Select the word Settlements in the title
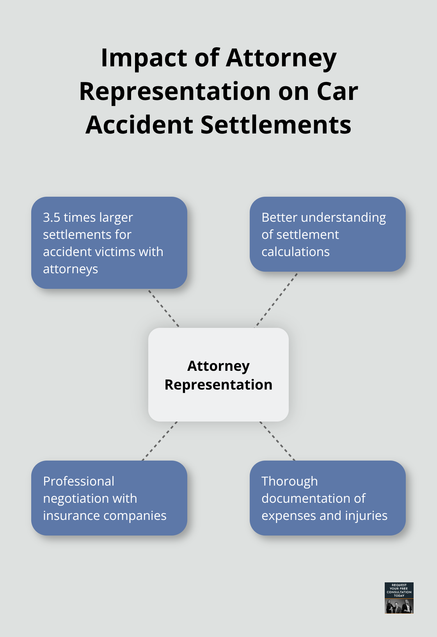point(276,125)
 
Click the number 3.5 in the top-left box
point(52,217)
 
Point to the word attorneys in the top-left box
point(70,269)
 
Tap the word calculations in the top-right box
point(295,252)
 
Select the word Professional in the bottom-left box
point(78,481)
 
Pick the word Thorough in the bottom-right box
point(290,481)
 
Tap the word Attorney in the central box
point(218,366)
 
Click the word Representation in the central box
point(218,385)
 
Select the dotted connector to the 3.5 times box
point(163,308)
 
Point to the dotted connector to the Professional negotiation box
point(160,441)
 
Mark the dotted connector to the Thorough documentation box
point(277,441)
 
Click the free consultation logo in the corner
point(399,598)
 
